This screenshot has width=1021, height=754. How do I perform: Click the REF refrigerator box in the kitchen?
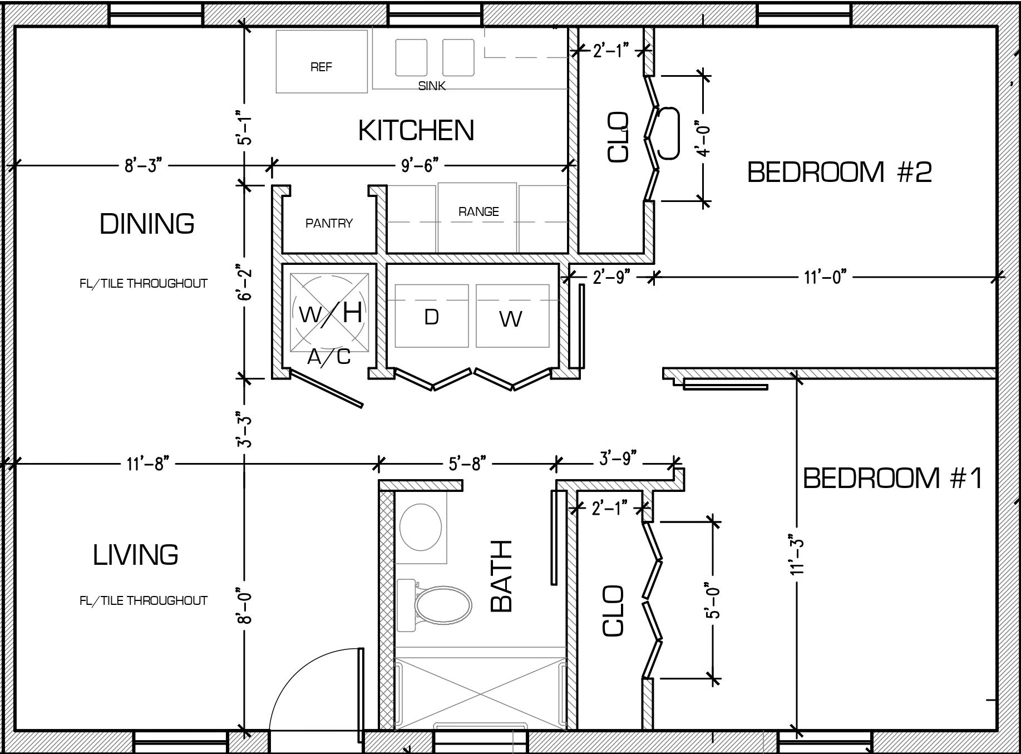pos(322,61)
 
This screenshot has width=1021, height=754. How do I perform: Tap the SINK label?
pos(432,86)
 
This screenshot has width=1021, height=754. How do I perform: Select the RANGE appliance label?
pos(479,211)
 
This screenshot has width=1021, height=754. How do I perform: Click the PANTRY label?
pos(329,223)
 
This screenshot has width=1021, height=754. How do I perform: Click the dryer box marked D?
pos(431,316)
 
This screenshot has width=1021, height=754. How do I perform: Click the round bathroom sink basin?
pos(421,526)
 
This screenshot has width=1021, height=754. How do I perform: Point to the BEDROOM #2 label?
pos(839,172)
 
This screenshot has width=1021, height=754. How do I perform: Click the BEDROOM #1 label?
pos(892,478)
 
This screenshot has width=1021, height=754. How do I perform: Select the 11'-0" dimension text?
pos(825,276)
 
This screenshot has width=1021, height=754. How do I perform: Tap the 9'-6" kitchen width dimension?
pos(420,165)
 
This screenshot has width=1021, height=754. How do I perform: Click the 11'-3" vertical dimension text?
pos(797,555)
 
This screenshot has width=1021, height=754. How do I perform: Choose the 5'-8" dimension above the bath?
pos(467,463)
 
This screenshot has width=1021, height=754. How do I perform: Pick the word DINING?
pos(147,224)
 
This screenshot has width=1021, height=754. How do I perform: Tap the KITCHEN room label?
pos(416,130)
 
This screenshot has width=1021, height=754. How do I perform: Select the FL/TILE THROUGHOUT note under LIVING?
pos(144,600)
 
